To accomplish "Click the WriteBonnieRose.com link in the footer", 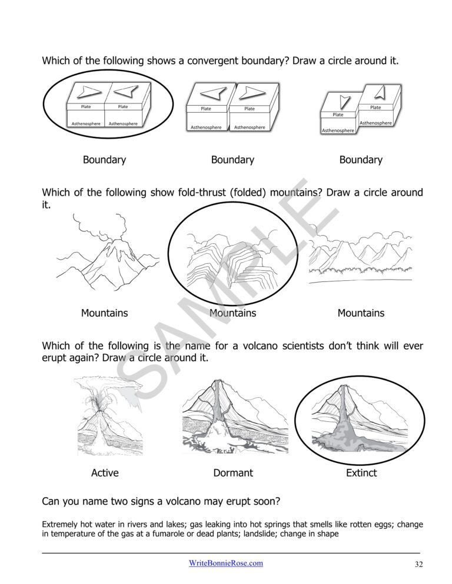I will click(225, 563).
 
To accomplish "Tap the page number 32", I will click(418, 565).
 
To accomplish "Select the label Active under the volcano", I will click(105, 472).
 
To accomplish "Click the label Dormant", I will click(233, 472).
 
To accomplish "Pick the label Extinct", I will click(361, 472).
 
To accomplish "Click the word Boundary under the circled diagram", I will click(104, 160).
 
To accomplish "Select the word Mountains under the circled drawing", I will click(233, 313).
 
